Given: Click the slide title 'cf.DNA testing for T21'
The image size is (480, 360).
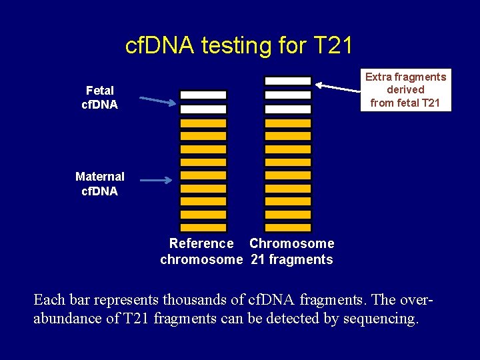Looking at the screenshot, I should click(239, 45).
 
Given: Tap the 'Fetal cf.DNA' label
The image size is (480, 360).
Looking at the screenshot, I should click(99, 97).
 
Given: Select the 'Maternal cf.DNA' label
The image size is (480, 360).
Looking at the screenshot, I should click(99, 183).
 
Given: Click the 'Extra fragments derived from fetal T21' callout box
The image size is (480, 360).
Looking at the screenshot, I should click(405, 89).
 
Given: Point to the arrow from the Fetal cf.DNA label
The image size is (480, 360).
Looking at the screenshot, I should click(158, 101).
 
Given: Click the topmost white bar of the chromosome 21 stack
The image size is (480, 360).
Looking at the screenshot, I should click(288, 81).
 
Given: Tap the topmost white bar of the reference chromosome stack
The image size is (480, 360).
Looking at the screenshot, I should click(203, 95).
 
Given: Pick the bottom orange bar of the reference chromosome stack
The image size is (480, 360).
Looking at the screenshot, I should click(203, 227).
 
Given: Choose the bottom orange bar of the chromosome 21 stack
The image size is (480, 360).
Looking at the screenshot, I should click(288, 227).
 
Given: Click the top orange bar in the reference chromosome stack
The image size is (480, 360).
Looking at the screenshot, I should click(203, 123).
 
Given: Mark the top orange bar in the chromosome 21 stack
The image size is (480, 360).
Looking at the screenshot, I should click(288, 123).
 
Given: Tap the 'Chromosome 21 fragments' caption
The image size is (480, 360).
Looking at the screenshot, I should click(292, 251).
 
